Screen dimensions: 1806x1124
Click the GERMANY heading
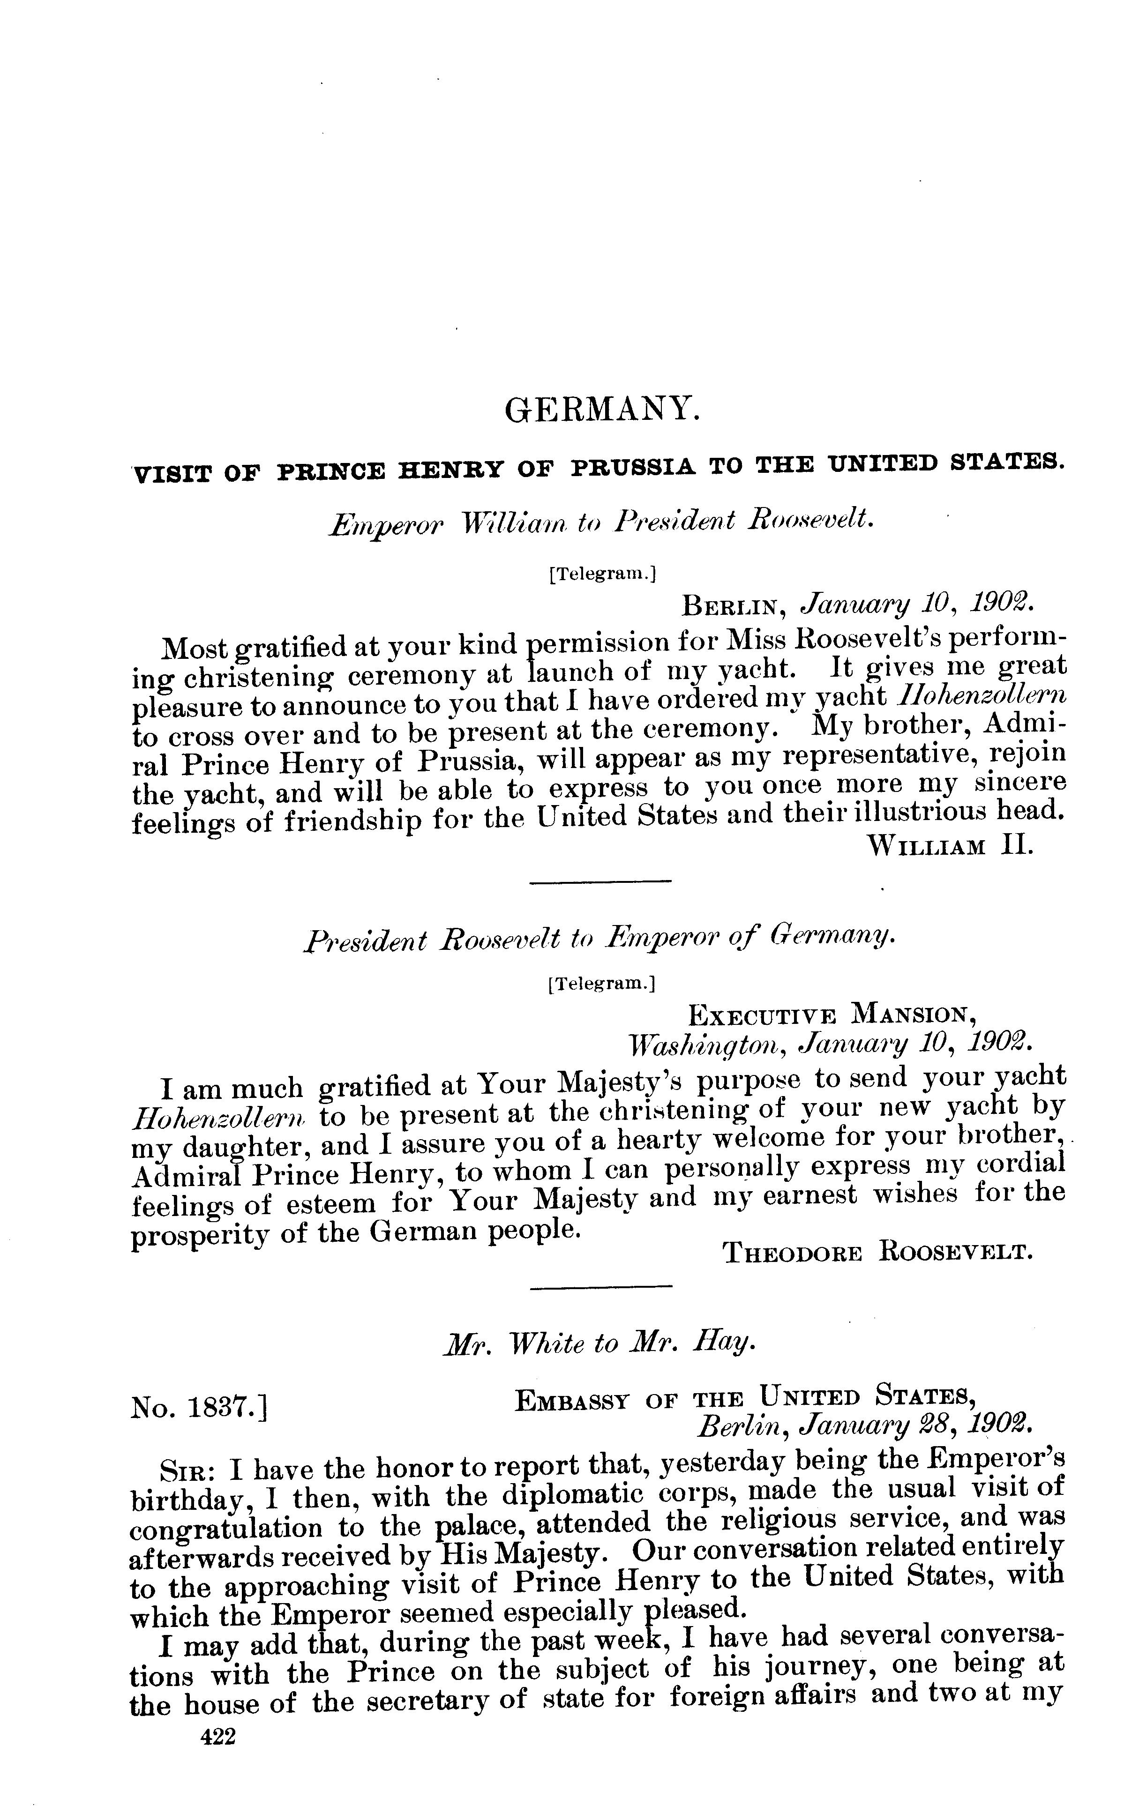(x=602, y=410)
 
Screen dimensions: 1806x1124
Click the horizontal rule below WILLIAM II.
(x=600, y=882)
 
